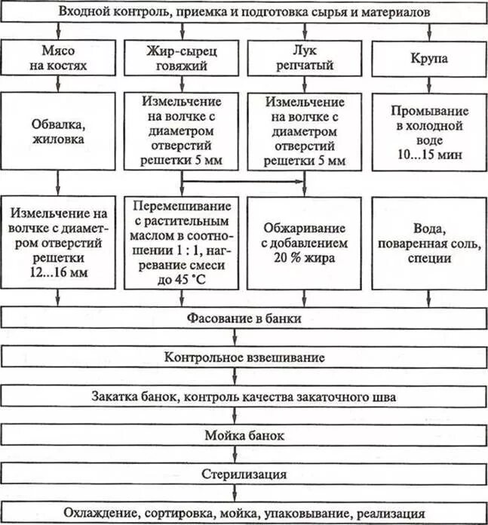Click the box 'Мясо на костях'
pyautogui.click(x=58, y=58)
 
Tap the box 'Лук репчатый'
pyautogui.click(x=305, y=58)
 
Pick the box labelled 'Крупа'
pyautogui.click(x=428, y=58)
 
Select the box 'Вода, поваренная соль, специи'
pyautogui.click(x=428, y=243)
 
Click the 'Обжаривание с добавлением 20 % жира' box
pyautogui.click(x=305, y=243)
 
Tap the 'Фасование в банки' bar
pyautogui.click(x=244, y=318)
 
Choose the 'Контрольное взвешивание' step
pyautogui.click(x=244, y=357)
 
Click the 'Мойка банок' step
pyautogui.click(x=244, y=435)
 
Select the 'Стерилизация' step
pyautogui.click(x=244, y=474)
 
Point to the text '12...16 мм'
pyautogui.click(x=58, y=273)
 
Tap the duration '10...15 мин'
pyautogui.click(x=428, y=155)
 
